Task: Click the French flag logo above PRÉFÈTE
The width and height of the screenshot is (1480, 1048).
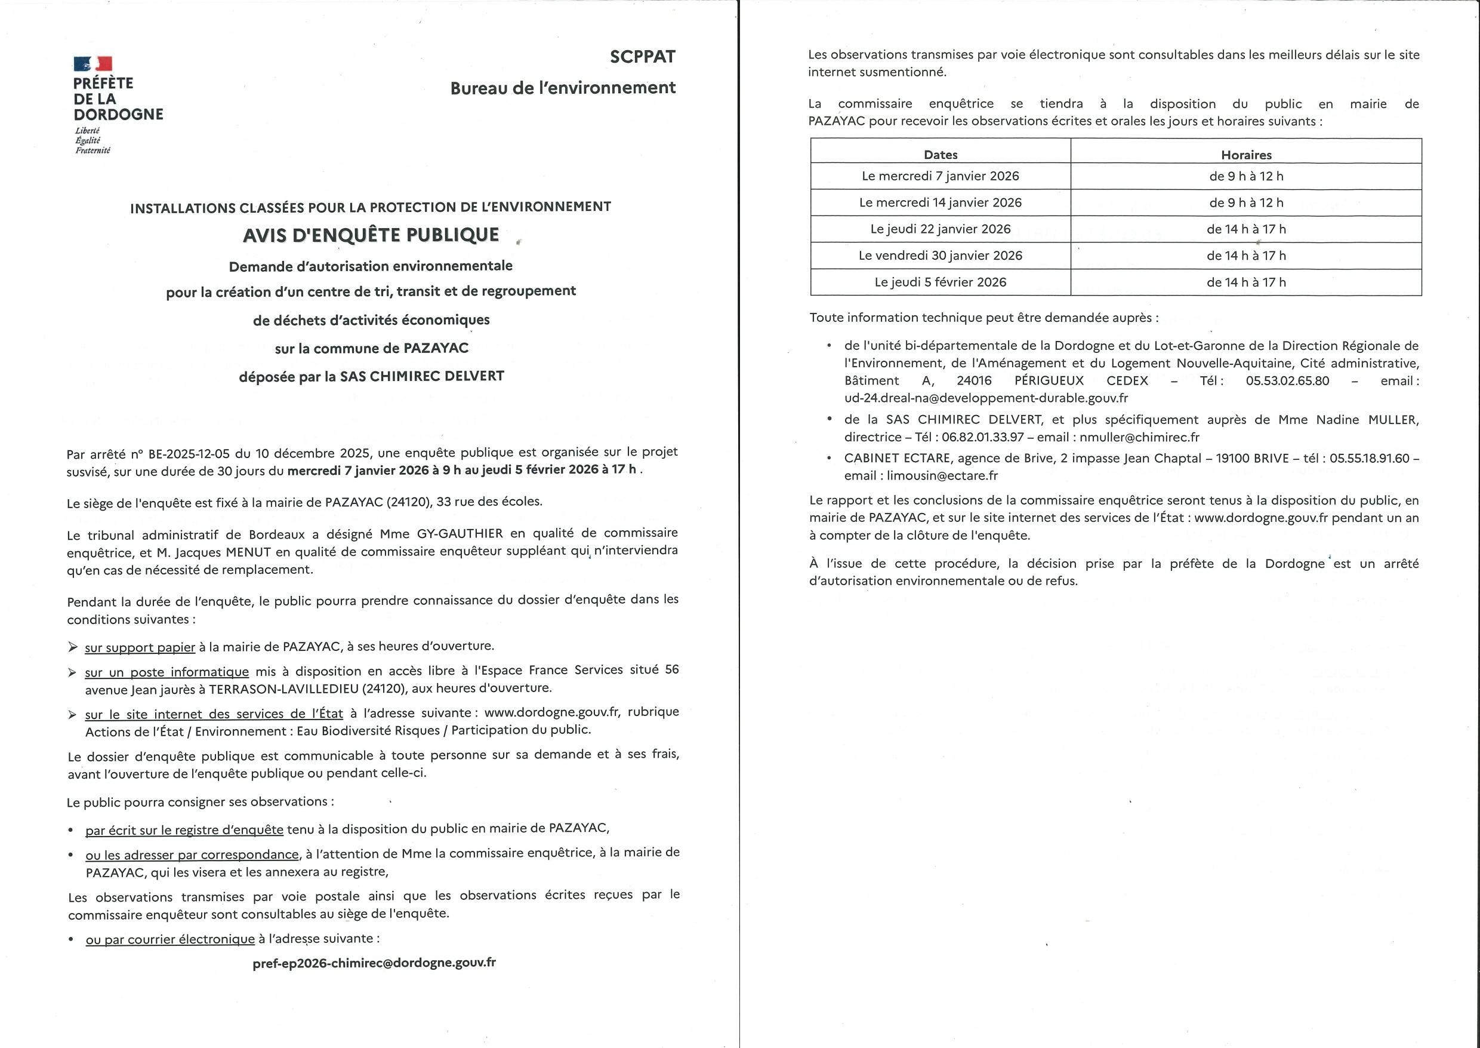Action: tap(93, 63)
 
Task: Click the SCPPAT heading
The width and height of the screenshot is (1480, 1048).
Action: tap(642, 57)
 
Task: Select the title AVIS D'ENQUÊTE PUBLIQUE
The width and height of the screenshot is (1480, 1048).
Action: tap(371, 235)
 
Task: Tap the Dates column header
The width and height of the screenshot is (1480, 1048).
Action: tap(941, 155)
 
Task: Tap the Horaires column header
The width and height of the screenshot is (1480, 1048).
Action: tap(1246, 155)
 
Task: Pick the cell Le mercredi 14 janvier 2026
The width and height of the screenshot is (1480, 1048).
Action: tap(941, 202)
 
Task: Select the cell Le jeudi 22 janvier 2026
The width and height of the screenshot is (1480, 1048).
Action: tap(941, 229)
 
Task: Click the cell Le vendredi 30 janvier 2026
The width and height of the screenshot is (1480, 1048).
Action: tap(941, 256)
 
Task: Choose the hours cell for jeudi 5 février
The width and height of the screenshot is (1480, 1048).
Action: tap(1246, 282)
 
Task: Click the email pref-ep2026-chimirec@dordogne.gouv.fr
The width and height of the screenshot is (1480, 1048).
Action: tap(374, 962)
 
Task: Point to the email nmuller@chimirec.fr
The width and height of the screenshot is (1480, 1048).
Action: tap(1139, 437)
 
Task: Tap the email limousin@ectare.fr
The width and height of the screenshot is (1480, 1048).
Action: tap(942, 475)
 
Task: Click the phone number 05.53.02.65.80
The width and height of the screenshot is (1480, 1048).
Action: tap(1287, 381)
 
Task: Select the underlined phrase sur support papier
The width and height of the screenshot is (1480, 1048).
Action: tap(140, 647)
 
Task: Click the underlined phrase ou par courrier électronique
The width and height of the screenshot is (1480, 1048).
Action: tap(170, 939)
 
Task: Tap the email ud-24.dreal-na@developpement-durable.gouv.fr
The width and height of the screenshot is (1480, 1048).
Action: tap(986, 398)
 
